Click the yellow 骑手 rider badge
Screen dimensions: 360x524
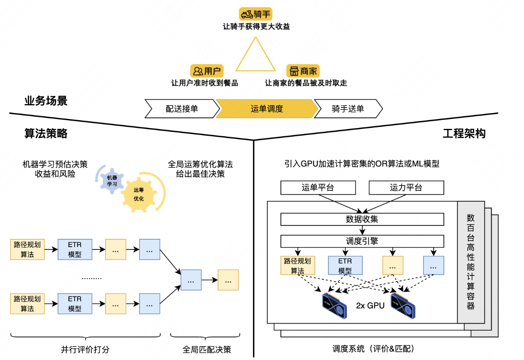click(x=256, y=15)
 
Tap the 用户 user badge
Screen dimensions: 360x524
click(x=207, y=71)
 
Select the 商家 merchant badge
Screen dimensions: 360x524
click(x=303, y=71)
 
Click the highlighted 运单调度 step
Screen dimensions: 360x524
click(x=267, y=109)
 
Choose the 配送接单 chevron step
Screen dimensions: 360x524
click(x=182, y=109)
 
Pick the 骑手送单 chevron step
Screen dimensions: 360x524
click(x=348, y=109)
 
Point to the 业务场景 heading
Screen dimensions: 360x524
click(x=46, y=101)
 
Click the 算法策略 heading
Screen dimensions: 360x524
click(x=46, y=133)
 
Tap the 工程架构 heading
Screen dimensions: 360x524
click(x=464, y=133)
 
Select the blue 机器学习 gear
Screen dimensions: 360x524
click(x=111, y=181)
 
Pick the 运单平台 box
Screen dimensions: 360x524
click(x=317, y=188)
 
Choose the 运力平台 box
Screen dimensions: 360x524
click(x=406, y=188)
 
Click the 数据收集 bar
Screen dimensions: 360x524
click(x=362, y=219)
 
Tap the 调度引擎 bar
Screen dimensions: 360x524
click(x=362, y=241)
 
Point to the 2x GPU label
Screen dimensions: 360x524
click(x=370, y=305)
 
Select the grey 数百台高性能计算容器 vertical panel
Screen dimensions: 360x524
click(x=471, y=262)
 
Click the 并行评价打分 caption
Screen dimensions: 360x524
click(x=85, y=350)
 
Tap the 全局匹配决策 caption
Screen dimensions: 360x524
click(x=207, y=350)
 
